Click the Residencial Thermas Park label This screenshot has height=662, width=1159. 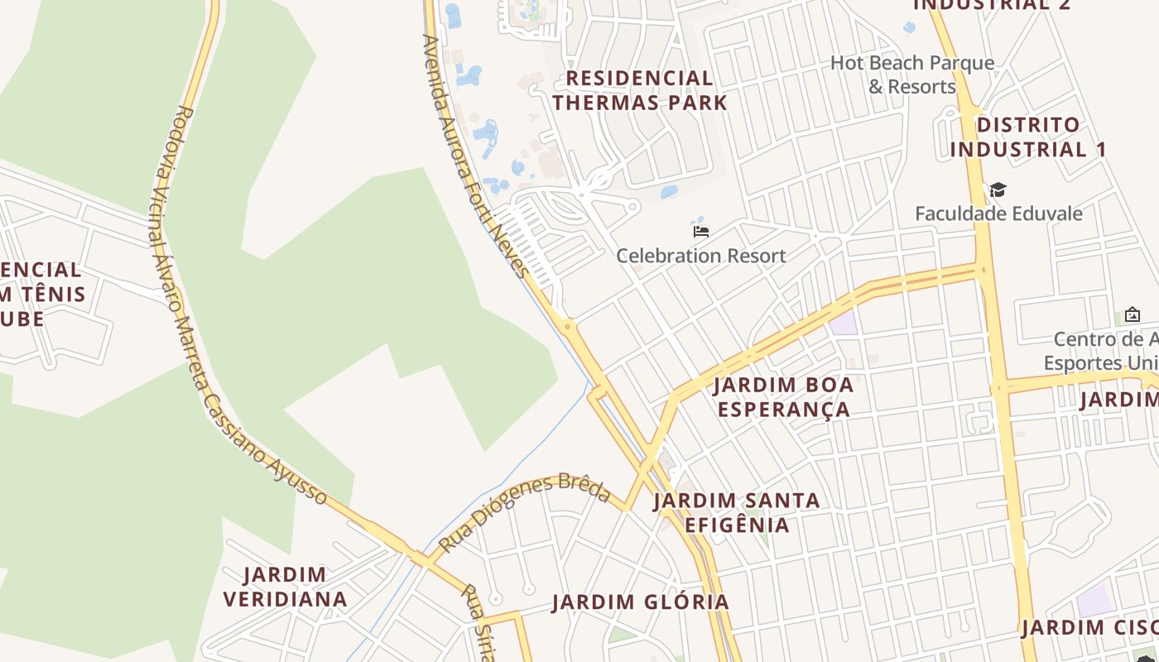[639, 91]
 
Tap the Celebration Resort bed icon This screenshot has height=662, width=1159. [701, 231]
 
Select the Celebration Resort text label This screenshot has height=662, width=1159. [700, 256]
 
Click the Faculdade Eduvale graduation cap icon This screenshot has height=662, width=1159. [998, 190]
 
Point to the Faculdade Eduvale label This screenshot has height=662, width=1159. [998, 213]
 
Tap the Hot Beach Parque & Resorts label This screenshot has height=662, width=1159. [912, 74]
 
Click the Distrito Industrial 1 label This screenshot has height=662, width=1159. [1027, 137]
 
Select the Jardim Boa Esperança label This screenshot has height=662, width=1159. [783, 397]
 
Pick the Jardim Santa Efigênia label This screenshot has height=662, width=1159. [737, 512]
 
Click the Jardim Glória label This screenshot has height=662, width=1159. [641, 602]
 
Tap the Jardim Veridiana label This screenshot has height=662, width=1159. [285, 587]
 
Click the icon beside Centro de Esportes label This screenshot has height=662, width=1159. [1132, 315]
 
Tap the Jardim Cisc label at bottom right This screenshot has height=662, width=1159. [1089, 628]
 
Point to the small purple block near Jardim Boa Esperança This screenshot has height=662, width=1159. [844, 323]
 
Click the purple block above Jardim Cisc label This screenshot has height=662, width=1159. [1095, 599]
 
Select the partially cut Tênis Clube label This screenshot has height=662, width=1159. [41, 294]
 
